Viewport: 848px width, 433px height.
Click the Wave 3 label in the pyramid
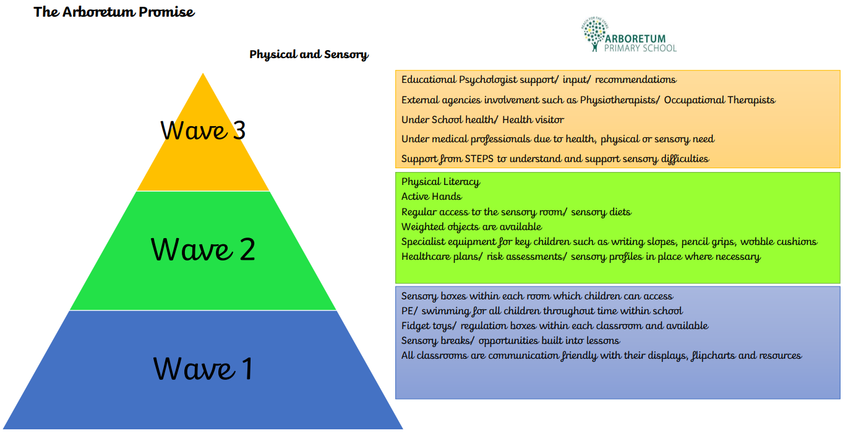tap(203, 131)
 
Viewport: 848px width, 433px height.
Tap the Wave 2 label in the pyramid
tap(203, 249)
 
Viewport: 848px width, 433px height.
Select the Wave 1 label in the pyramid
tap(203, 369)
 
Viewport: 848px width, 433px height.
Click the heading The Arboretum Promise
tap(114, 12)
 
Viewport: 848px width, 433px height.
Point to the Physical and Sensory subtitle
tap(309, 54)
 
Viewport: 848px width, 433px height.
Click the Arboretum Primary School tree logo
tap(594, 35)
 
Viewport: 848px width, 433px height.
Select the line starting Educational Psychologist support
tap(538, 80)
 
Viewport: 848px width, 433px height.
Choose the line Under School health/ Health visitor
tap(482, 119)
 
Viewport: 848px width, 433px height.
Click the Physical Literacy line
tap(440, 182)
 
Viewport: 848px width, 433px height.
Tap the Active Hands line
tap(431, 197)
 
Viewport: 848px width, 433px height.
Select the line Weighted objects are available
tap(471, 227)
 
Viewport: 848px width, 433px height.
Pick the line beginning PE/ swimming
tap(542, 311)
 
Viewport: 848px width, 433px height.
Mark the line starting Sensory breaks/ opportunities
tap(510, 341)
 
